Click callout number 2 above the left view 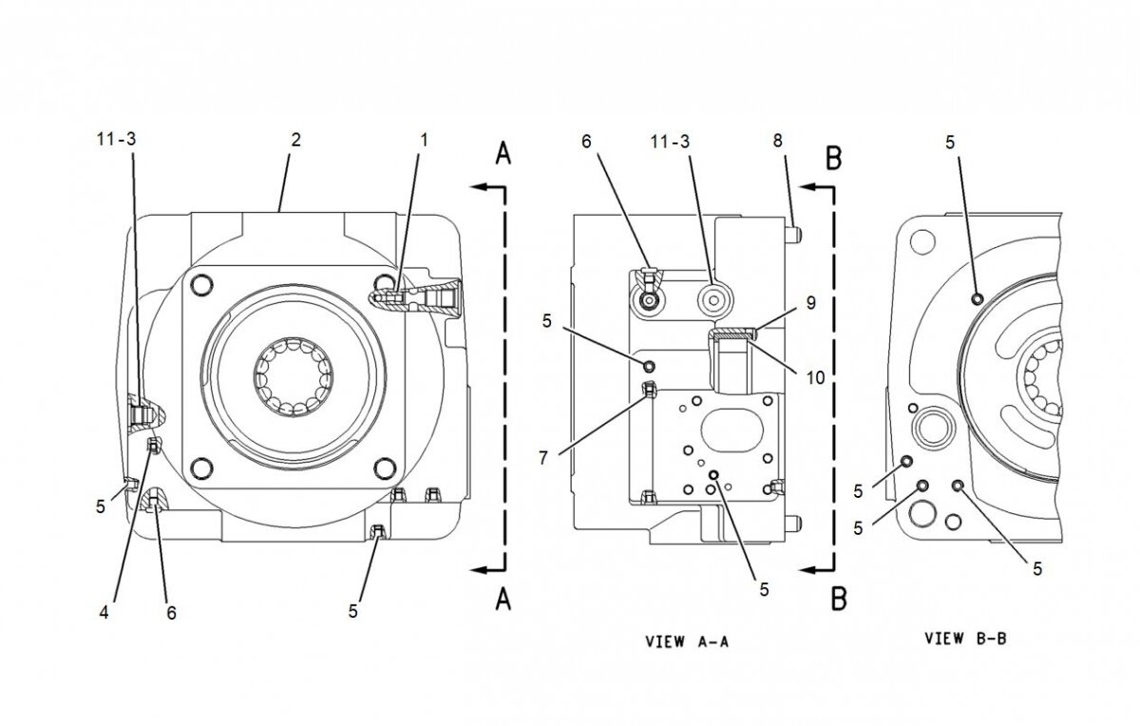coord(295,140)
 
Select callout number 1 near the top coord(424,140)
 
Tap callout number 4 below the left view coord(104,612)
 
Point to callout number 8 coord(777,140)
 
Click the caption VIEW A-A coord(686,641)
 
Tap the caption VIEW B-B coord(965,639)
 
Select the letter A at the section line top coord(503,154)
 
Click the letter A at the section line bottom coord(503,601)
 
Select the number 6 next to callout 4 coord(172,613)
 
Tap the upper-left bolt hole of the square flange coord(200,283)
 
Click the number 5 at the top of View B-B coord(950,141)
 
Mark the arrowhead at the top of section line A coord(480,188)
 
